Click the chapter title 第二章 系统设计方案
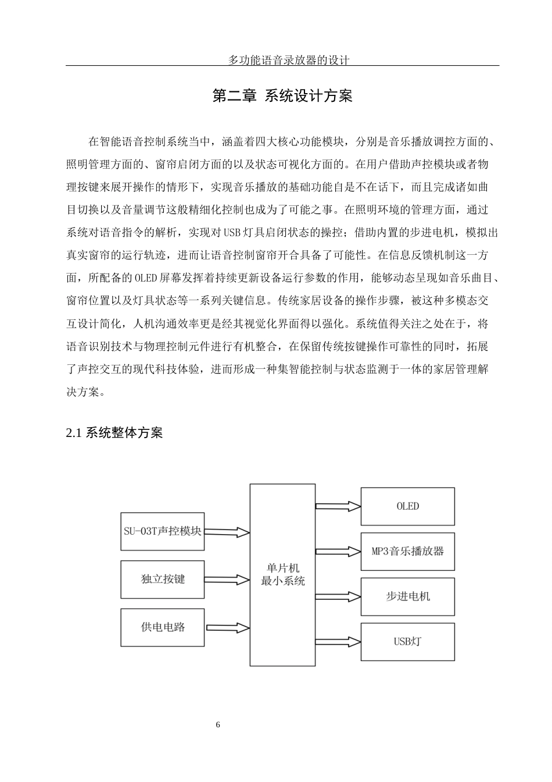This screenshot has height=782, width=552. tap(282, 96)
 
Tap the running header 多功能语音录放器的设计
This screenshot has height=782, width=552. tap(282, 60)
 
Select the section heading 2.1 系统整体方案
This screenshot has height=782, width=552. tap(114, 433)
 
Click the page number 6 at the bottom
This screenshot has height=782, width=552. tap(218, 725)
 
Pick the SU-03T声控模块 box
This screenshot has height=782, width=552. tap(163, 531)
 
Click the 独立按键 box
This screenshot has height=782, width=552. tap(163, 579)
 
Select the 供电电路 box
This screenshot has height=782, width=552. tap(163, 627)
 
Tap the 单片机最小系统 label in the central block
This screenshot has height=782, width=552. tap(283, 574)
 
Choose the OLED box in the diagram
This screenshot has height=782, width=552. tap(407, 506)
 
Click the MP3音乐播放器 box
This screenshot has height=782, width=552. tap(407, 551)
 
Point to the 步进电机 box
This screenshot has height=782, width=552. tap(407, 596)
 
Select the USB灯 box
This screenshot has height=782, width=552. tap(407, 642)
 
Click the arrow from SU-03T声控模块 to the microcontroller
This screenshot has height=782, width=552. tap(227, 532)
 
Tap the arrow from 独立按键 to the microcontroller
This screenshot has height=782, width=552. tap(227, 580)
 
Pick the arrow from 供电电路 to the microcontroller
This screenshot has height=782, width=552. tap(227, 628)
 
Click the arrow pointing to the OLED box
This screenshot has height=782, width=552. tap(338, 506)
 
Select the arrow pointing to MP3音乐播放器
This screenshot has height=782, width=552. tap(338, 551)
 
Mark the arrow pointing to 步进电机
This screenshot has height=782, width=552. tap(338, 596)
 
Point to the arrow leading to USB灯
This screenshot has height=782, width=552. tap(338, 642)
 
